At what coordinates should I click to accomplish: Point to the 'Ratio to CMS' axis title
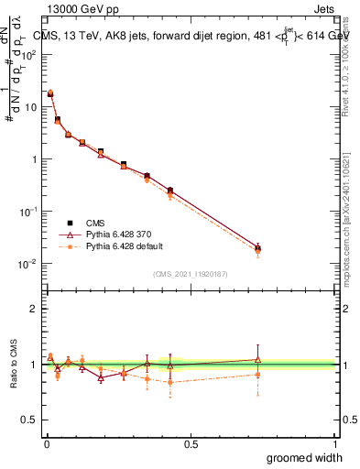pyautogui.click(x=14, y=365)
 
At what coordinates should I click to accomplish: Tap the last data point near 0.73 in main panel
pyautogui.click(x=258, y=248)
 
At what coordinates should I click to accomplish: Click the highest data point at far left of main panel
pyautogui.click(x=50, y=93)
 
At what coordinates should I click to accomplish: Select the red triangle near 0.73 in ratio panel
pyautogui.click(x=258, y=359)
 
